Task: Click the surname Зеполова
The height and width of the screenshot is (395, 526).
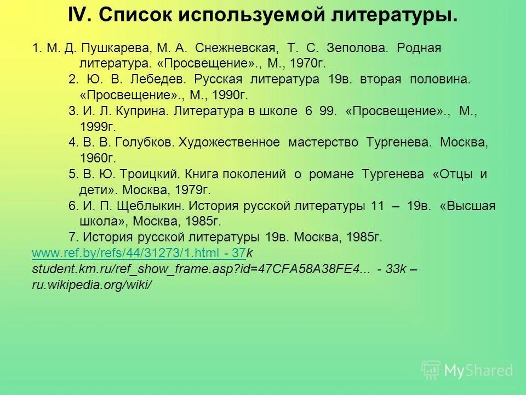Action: click(363, 48)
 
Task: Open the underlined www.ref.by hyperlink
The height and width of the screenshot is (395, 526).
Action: click(139, 253)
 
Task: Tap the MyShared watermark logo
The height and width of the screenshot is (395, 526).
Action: click(467, 371)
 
